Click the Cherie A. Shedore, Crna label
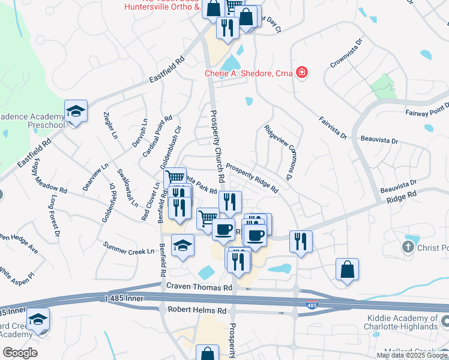(249, 73)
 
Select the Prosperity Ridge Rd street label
(252, 179)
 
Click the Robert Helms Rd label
(196, 310)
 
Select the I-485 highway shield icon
(312, 305)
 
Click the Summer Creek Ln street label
(128, 248)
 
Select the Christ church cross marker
(408, 247)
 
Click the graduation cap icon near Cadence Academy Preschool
(76, 111)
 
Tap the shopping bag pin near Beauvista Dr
(347, 269)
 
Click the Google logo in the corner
(20, 352)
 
